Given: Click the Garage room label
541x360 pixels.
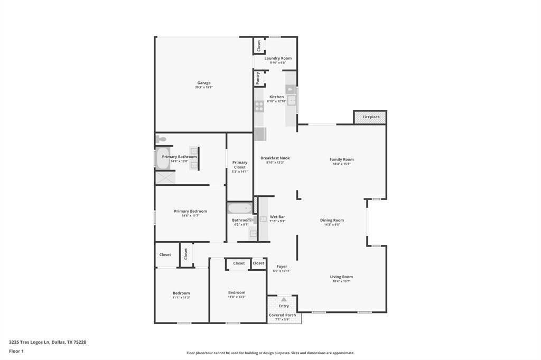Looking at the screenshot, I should click(204, 83).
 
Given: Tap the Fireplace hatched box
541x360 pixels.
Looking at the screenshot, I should click(370, 117).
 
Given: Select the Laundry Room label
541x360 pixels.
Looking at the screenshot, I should click(278, 58).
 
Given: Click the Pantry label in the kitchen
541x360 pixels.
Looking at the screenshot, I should click(258, 79).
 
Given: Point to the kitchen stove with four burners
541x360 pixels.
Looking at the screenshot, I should click(259, 106).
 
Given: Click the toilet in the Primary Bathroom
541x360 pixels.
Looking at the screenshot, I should click(161, 139).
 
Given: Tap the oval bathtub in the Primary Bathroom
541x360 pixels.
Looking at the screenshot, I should click(162, 158).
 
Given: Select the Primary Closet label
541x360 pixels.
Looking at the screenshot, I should click(240, 165).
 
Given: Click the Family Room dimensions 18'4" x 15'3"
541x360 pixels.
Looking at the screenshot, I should click(341, 164).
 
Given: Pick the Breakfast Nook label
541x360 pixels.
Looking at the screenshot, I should click(275, 158).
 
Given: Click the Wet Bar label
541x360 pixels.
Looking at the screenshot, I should click(277, 216).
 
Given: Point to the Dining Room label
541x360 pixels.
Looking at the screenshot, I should click(332, 220).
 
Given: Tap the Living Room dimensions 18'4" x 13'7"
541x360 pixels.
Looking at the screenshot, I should click(341, 281).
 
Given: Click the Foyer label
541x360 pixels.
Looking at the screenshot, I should click(282, 267).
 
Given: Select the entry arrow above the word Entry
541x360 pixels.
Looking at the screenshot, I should click(284, 299).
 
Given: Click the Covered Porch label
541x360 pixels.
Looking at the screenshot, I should click(283, 315).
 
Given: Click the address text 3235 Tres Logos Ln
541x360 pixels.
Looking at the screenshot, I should click(30, 342).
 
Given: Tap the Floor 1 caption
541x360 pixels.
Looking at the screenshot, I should click(16, 351).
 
